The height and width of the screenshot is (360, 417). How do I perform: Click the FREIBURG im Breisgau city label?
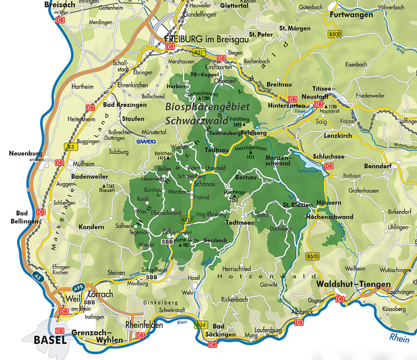(x=199, y=39)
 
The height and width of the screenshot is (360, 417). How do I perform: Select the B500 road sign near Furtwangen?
(x=335, y=34)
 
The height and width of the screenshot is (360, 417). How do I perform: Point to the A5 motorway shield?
(x=36, y=275)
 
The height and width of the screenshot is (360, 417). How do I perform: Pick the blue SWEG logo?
(x=145, y=141)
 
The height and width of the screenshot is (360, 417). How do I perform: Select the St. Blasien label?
(x=297, y=204)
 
